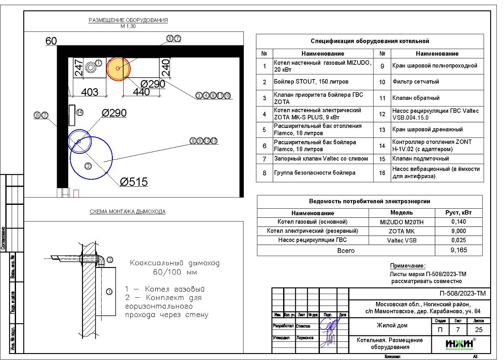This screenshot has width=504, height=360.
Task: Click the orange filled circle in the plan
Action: [x=118, y=68]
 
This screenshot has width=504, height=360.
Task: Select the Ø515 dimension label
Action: [x=134, y=182]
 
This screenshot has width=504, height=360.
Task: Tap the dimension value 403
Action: [x=89, y=92]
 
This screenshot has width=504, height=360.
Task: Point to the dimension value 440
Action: [x=141, y=92]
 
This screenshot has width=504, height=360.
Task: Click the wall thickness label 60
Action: [x=51, y=41]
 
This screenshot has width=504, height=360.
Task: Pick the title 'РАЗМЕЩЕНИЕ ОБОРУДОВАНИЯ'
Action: [x=128, y=20]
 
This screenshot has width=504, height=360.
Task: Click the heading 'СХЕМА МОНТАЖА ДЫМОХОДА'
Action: [x=128, y=211]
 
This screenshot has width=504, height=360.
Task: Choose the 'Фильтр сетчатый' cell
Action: [x=415, y=82]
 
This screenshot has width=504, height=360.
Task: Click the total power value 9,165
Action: [x=459, y=250]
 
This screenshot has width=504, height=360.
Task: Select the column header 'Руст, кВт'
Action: [x=459, y=213]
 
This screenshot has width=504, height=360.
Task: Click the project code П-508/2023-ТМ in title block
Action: [x=463, y=293]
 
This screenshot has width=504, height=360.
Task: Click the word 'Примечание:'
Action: [x=408, y=266]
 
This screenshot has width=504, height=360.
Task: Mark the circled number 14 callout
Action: [x=80, y=112]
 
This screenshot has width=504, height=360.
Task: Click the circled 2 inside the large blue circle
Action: [x=88, y=166]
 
